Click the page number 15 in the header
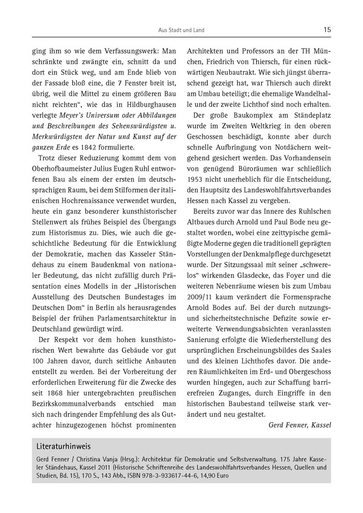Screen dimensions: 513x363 pyautogui.click(x=327, y=30)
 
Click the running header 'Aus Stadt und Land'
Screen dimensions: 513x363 pyautogui.click(x=181, y=30)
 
